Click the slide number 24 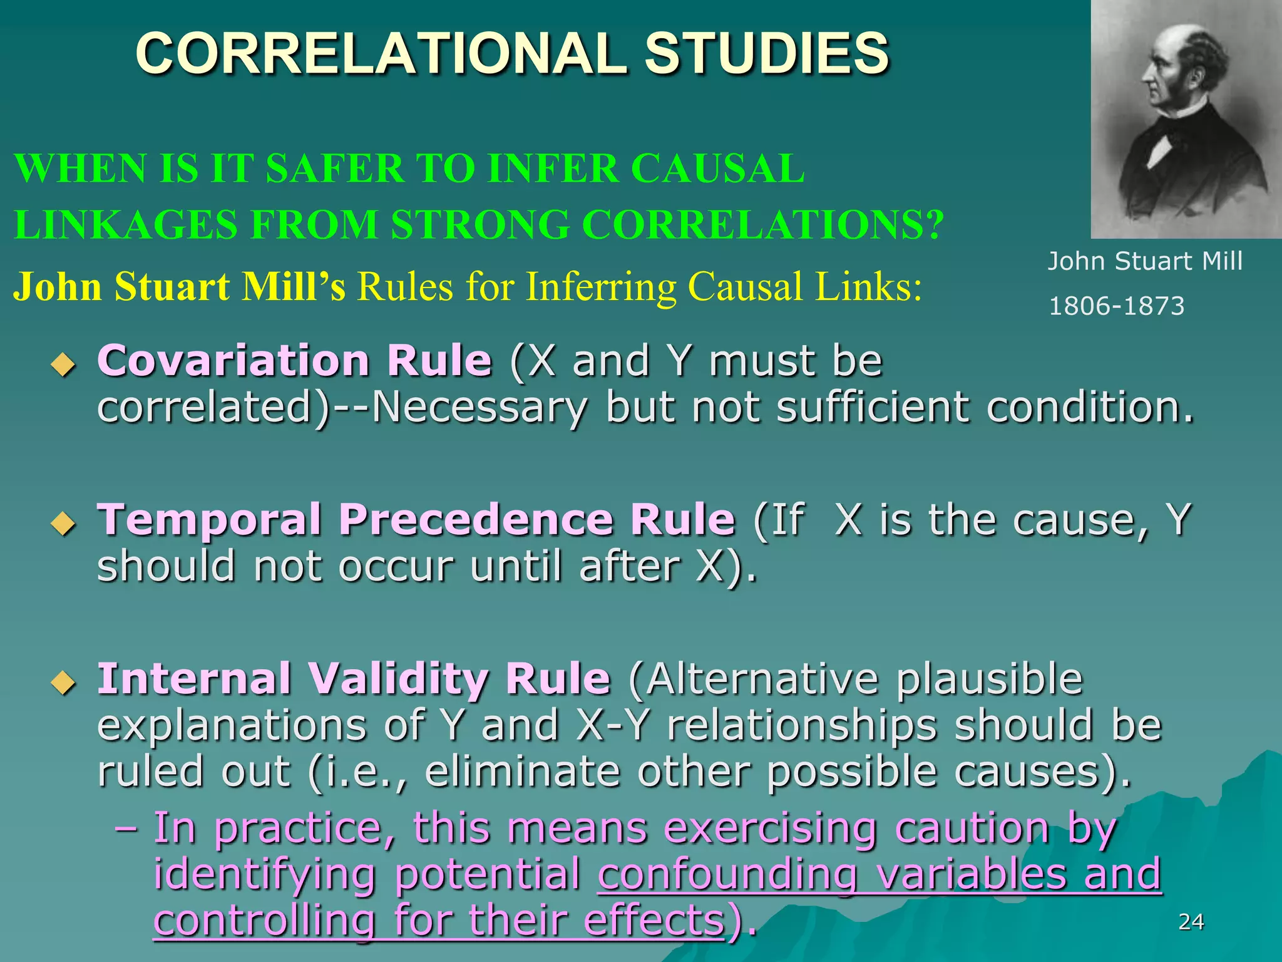1191,922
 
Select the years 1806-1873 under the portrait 1116,306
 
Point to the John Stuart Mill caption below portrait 1145,261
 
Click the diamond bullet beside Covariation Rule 63,365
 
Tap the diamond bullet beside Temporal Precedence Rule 63,523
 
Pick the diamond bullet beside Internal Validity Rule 63,683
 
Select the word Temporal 209,520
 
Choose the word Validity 399,679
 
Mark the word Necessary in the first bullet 479,407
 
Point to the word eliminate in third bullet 523,772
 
